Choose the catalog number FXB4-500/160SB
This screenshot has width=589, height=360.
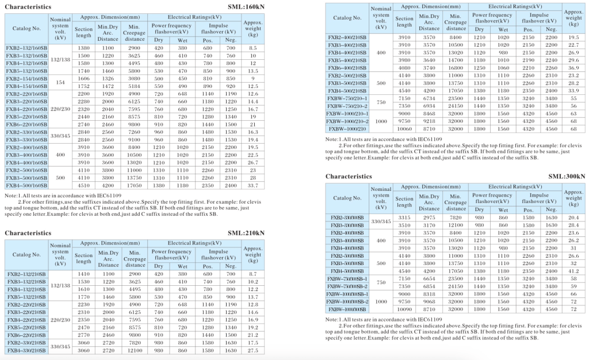26,185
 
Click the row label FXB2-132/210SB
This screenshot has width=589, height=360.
26,275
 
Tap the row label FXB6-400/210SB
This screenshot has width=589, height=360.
347,67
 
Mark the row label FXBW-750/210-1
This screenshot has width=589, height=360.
347,98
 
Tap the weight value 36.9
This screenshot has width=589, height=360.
573,67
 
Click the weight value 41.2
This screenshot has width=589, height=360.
573,270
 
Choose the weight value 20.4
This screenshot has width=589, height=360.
573,217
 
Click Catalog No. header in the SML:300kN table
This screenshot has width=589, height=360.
347,198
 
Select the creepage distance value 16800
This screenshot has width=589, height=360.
456,67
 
